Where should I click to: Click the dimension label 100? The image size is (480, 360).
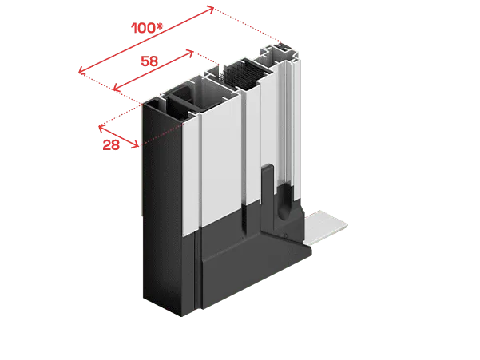144,28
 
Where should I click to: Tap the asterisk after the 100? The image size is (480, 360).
160,26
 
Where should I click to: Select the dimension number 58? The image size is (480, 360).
149,61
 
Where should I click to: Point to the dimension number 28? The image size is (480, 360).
111,145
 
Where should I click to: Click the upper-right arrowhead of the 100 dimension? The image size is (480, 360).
212,8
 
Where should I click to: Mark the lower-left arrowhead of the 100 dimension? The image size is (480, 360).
81,71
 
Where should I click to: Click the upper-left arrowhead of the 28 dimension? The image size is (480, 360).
101,128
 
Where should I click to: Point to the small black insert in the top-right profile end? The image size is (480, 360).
283,47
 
